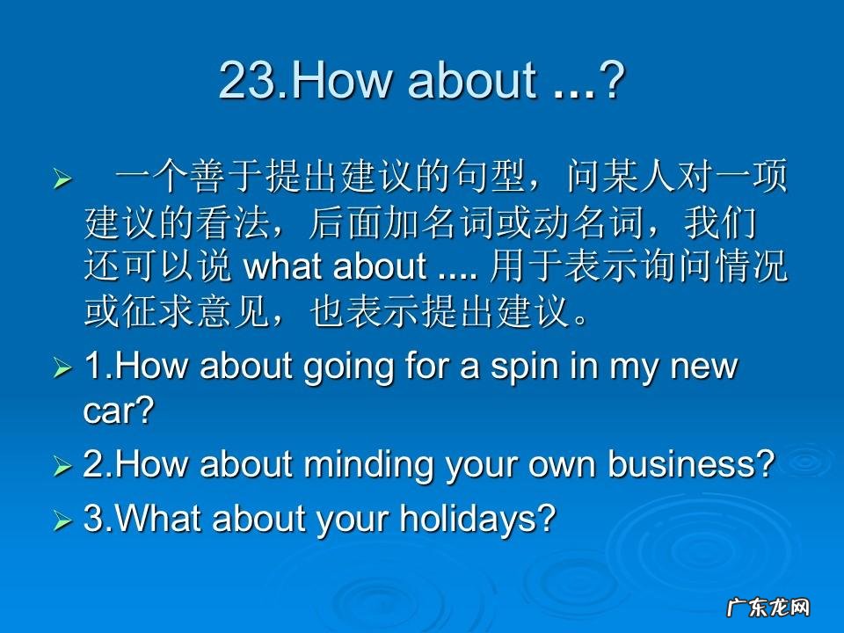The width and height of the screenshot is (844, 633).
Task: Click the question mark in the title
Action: point(613,81)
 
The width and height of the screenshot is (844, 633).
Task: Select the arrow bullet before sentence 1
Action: point(62,367)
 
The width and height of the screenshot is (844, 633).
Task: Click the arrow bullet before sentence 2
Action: point(62,464)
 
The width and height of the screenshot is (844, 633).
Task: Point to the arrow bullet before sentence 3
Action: point(62,519)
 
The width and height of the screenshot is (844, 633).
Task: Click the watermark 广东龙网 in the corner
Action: point(768,608)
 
